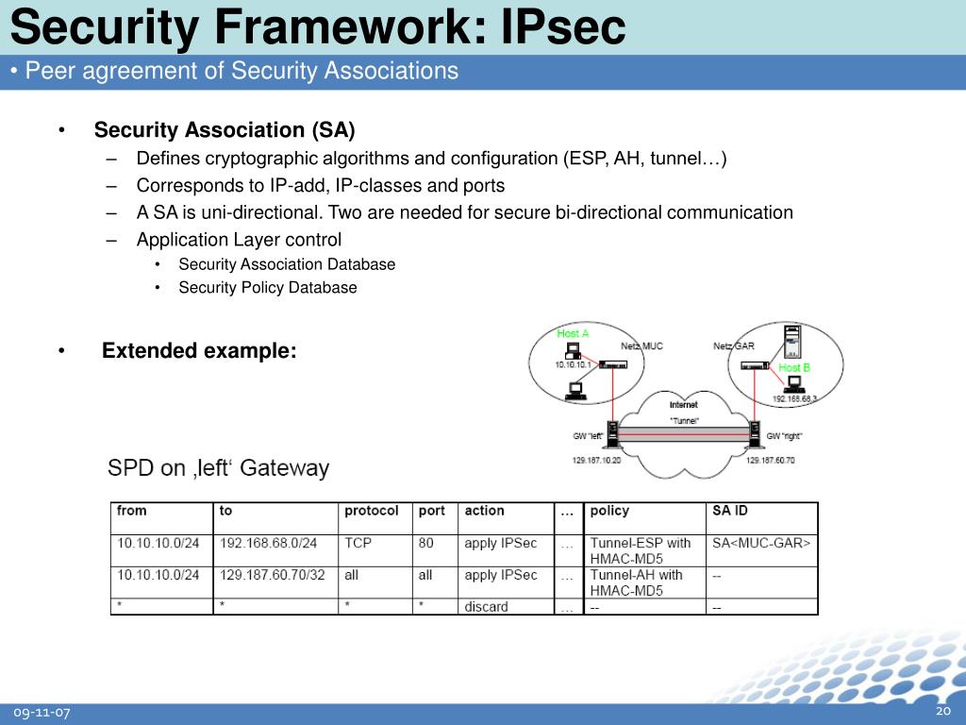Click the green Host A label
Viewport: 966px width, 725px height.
click(573, 333)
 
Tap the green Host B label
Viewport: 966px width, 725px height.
click(794, 367)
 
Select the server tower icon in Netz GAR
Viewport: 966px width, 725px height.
click(790, 337)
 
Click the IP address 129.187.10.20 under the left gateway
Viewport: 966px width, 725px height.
click(596, 460)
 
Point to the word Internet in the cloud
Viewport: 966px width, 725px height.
click(684, 405)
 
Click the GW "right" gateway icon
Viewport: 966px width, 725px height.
click(755, 434)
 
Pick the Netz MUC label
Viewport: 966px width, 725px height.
click(641, 346)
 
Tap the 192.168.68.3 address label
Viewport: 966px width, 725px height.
click(794, 399)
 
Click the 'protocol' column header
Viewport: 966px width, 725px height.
click(371, 511)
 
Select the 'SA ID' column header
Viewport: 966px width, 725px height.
click(729, 511)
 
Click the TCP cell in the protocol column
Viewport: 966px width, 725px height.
click(358, 543)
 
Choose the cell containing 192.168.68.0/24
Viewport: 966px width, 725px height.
click(268, 543)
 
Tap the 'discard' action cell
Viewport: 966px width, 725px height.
click(486, 607)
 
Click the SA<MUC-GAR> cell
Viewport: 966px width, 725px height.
click(761, 543)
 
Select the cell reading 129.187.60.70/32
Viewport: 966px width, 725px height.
click(272, 575)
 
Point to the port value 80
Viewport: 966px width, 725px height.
click(425, 543)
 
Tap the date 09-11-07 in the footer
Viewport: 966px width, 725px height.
click(42, 713)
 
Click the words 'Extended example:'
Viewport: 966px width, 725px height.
click(199, 351)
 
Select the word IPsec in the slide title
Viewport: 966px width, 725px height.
click(563, 27)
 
